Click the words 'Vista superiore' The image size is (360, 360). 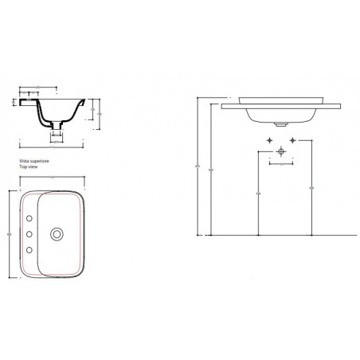coord(33,160)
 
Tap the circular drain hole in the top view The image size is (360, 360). coord(57,234)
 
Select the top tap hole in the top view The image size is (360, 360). coord(30,217)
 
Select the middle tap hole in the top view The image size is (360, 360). coord(30,234)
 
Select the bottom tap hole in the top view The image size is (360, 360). coord(30,251)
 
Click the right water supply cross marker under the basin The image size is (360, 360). coord(295,140)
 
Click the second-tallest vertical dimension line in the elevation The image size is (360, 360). coord(211,171)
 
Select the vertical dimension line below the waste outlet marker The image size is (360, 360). coord(258,195)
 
